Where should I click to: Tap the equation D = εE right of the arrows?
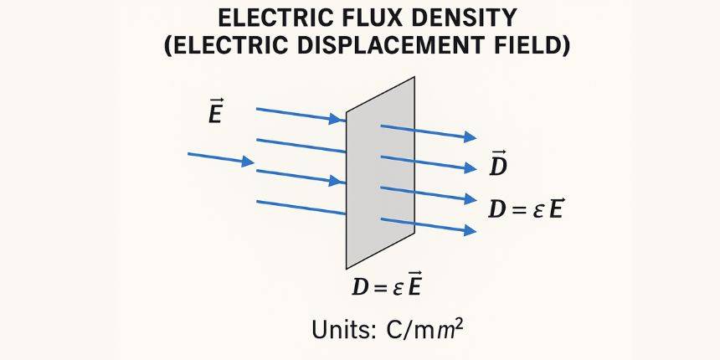point(525,208)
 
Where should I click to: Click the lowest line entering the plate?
point(301,208)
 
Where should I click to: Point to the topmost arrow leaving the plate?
point(428,131)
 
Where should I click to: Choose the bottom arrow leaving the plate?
point(428,224)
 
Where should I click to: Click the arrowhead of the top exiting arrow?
point(471,136)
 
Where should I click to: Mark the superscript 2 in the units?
point(459,321)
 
